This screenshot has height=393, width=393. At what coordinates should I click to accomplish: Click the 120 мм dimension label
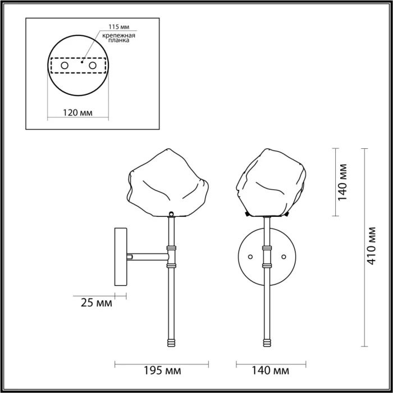(x=77, y=112)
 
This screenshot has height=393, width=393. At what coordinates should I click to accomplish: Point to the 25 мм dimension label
(x=95, y=304)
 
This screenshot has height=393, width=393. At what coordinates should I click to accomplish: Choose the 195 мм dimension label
(x=162, y=371)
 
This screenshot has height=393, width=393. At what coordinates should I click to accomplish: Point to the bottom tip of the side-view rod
(x=171, y=344)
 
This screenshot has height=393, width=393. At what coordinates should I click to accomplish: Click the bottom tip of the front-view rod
(x=267, y=344)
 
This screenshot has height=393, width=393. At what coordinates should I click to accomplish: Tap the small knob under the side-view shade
(x=171, y=214)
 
